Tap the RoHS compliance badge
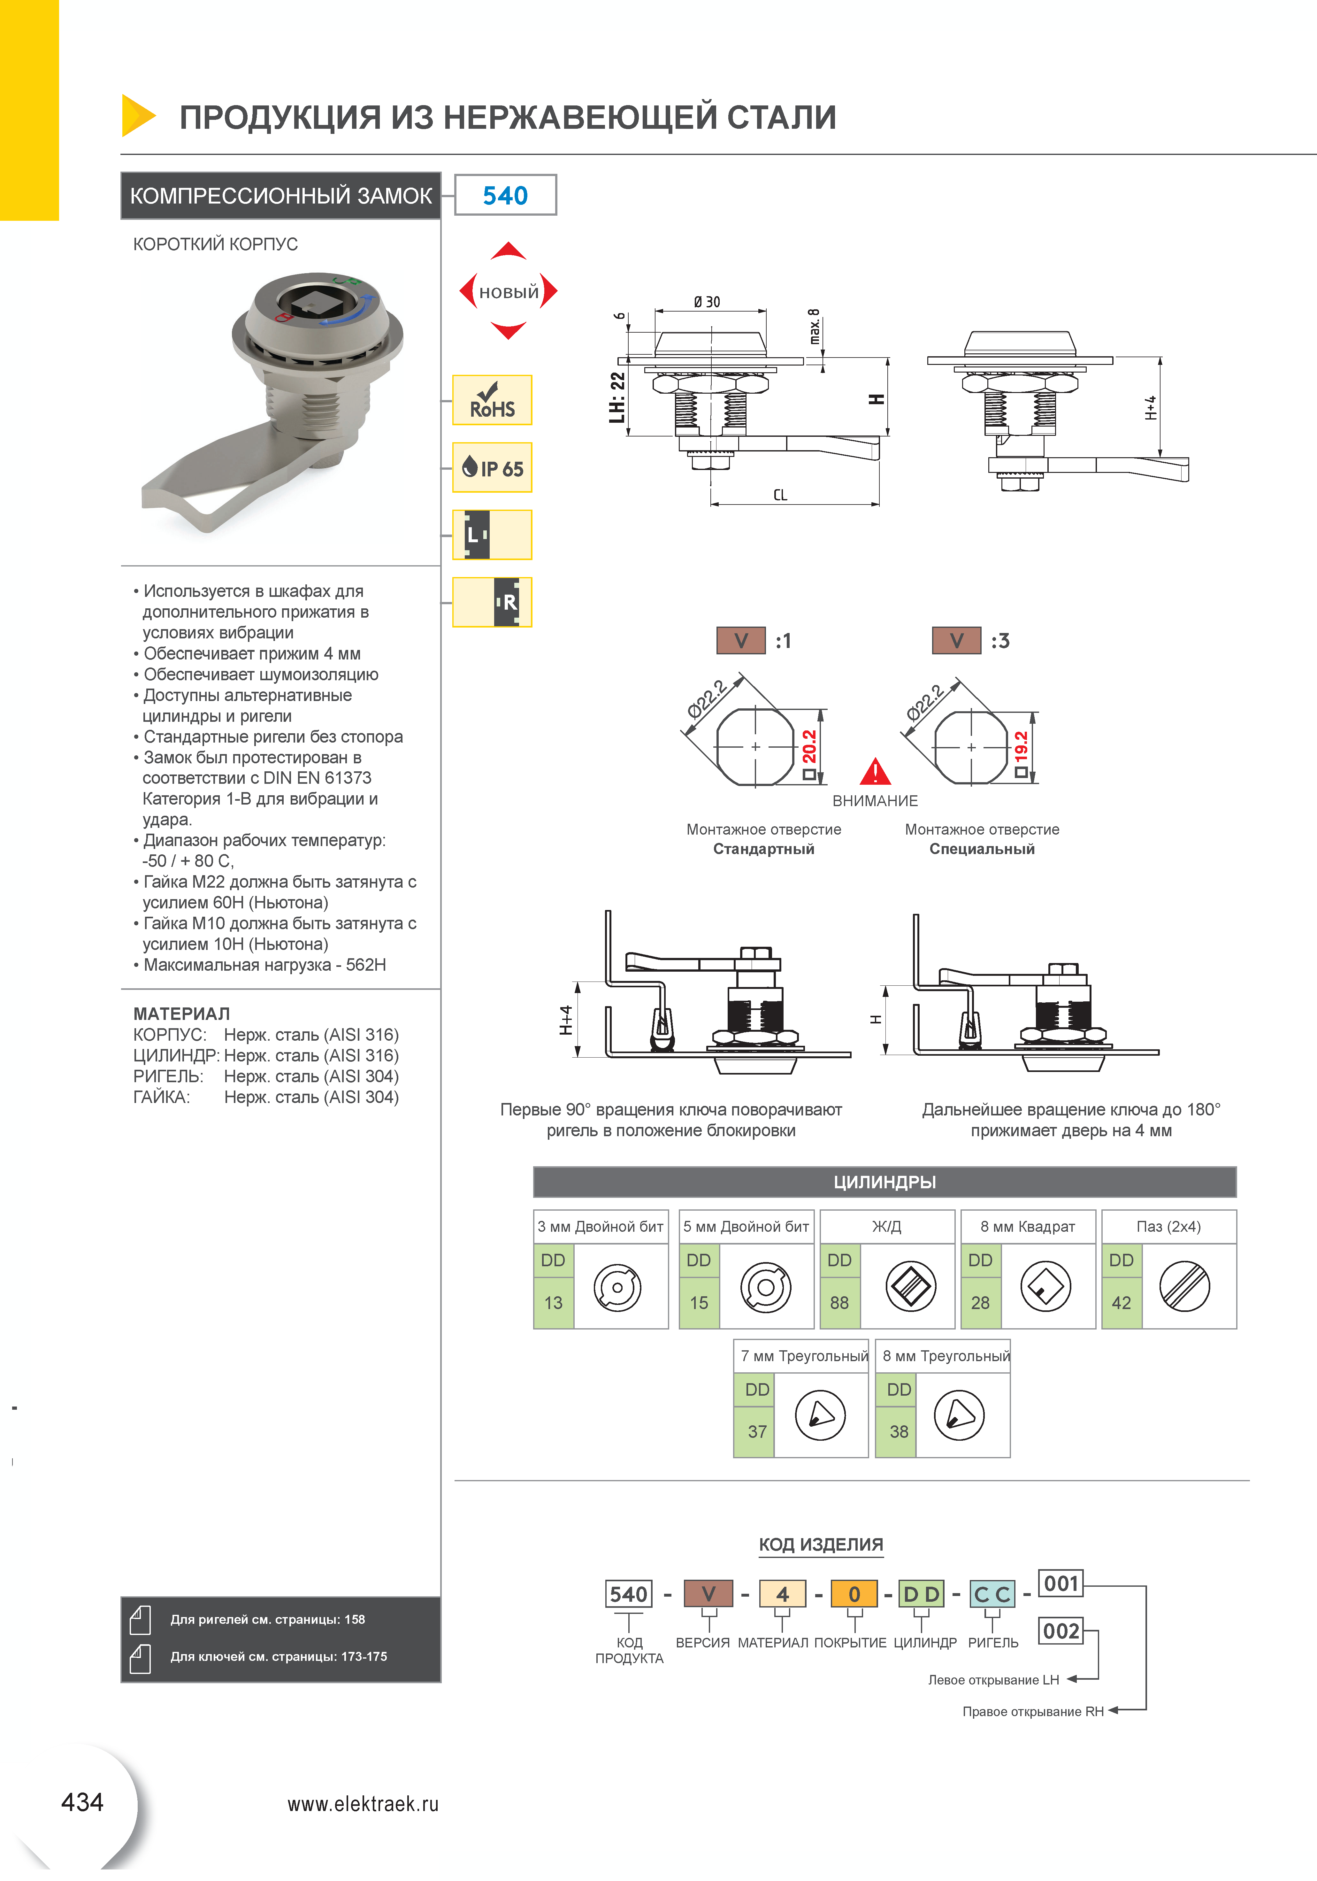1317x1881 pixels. click(492, 401)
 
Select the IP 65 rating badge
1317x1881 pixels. click(492, 468)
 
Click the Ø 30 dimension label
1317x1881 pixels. click(707, 302)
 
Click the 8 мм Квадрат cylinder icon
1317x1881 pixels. click(1046, 1287)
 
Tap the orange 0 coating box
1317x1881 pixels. click(854, 1594)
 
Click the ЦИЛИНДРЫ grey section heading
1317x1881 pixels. click(884, 1182)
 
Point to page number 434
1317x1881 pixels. click(82, 1802)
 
